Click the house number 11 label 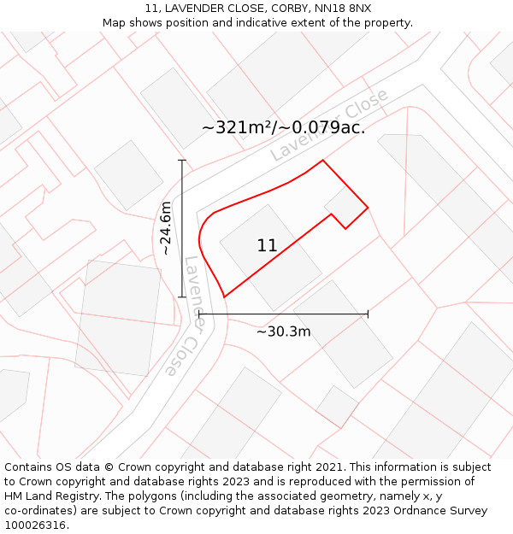tap(267, 246)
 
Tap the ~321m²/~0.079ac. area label tap(283, 128)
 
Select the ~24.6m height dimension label tap(166, 228)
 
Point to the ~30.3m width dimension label tap(283, 332)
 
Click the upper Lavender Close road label tap(329, 125)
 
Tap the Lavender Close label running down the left tap(181, 316)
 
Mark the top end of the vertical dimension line tap(182, 160)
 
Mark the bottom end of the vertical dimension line tap(182, 297)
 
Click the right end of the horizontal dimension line tap(368, 314)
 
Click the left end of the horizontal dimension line tap(198, 314)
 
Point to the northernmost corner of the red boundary tap(322, 160)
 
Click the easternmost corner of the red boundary tap(368, 207)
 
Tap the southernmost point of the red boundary tap(224, 297)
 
